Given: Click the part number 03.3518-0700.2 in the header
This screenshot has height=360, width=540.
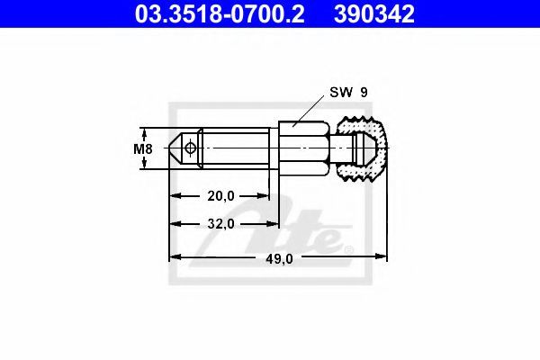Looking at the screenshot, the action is point(220,14).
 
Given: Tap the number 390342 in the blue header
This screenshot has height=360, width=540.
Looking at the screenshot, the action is point(374,14).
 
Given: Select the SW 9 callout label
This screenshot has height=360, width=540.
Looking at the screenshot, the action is point(348,93).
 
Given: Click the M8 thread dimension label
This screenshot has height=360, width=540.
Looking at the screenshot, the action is point(143,148).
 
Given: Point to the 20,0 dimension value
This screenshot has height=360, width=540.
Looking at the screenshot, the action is point(220,196).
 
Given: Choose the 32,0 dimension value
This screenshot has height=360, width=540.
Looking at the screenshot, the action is point(220,224).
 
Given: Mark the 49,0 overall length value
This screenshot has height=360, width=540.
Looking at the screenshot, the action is point(279,258).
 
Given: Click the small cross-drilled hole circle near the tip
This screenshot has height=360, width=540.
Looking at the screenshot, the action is point(190,148).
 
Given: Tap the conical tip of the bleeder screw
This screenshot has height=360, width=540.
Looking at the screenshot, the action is point(176,148).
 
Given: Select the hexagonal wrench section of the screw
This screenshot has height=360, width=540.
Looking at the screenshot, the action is point(304,148).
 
